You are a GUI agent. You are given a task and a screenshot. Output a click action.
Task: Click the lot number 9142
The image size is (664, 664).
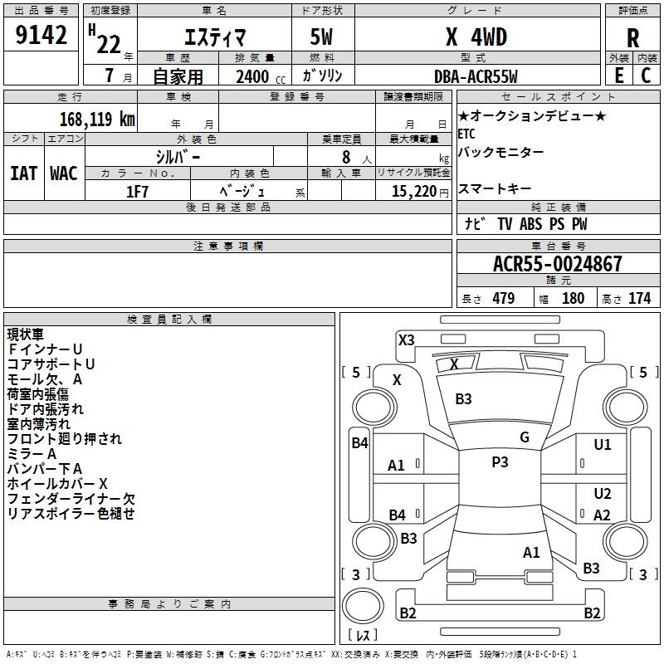pos(41,35)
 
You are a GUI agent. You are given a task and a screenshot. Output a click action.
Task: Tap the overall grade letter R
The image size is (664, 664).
pos(632,38)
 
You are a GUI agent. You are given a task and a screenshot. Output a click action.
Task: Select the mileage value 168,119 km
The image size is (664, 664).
pos(97,119)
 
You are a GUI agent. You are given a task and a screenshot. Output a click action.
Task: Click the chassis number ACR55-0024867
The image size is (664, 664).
pos(557,264)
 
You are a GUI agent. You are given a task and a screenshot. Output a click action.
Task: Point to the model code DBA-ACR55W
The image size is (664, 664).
pos(476,76)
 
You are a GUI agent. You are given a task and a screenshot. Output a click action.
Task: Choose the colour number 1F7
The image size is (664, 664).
pos(137,192)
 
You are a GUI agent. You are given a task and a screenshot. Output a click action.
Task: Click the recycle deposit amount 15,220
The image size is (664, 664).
pos(413,192)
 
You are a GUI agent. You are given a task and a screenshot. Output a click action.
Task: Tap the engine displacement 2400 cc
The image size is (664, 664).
pos(261,76)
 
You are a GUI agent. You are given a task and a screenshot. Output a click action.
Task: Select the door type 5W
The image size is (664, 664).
pos(321,37)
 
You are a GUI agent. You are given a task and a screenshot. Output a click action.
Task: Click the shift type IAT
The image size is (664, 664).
pos(24,173)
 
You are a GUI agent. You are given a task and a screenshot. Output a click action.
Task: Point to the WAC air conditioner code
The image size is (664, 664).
pos(64,173)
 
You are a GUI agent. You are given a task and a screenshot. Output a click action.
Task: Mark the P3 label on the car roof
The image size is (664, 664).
pos(500,462)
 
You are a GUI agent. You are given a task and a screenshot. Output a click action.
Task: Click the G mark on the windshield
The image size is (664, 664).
pos(525,437)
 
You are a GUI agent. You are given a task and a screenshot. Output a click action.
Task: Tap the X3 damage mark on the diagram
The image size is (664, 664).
pos(406,340)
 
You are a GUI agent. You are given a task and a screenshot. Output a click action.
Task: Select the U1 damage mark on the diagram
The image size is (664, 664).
pos(603,445)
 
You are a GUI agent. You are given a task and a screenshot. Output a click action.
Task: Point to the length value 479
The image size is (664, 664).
pos(503,298)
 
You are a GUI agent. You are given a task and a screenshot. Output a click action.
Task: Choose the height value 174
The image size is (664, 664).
pos(639,298)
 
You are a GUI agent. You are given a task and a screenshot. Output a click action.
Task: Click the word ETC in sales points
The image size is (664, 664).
pos(466,134)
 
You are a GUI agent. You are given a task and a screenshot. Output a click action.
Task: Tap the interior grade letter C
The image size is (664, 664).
pos(646,76)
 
